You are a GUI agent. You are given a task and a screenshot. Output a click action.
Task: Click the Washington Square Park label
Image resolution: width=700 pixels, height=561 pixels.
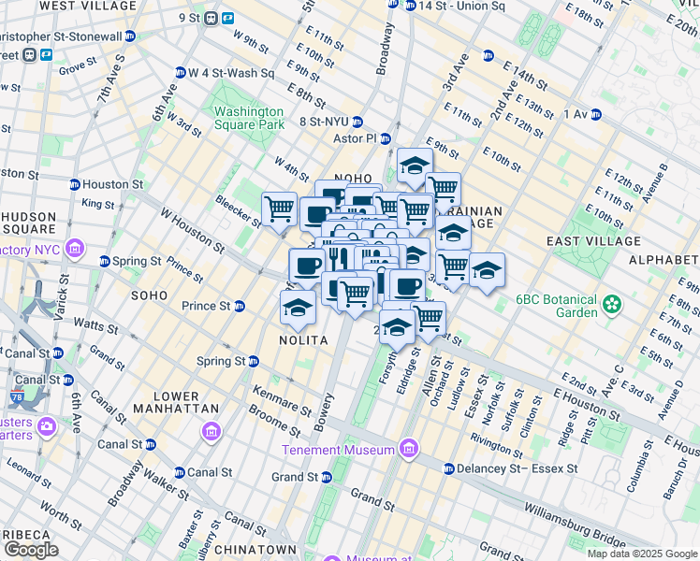[x=248, y=117]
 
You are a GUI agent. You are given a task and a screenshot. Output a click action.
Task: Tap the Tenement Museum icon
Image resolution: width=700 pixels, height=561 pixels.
[x=407, y=450]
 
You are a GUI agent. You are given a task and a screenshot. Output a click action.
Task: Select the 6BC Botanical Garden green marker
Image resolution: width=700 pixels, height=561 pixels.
[x=612, y=303]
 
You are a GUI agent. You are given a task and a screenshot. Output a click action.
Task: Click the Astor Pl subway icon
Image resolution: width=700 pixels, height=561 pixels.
[x=384, y=137]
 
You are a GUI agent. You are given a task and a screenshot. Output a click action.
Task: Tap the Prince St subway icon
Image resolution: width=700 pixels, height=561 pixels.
[x=240, y=306]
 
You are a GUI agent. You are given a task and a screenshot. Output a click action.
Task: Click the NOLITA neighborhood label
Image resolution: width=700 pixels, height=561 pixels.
[x=303, y=341]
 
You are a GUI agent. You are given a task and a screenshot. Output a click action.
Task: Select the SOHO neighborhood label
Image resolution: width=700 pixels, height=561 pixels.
[x=149, y=295]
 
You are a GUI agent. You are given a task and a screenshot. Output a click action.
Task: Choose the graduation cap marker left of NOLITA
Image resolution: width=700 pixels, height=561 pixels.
[x=298, y=308]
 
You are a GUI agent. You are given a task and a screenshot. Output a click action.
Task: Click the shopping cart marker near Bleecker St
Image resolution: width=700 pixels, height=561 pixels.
[x=279, y=209]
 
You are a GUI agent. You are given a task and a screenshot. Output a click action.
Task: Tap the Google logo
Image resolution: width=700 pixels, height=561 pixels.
[x=31, y=550]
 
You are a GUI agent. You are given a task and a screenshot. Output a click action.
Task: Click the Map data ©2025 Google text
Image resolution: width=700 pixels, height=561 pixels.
[x=641, y=554]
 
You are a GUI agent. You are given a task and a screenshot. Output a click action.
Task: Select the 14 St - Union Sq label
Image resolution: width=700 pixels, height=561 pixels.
[x=455, y=6]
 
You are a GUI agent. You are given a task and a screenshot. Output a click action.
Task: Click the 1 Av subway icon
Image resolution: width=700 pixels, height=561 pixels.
[x=595, y=114]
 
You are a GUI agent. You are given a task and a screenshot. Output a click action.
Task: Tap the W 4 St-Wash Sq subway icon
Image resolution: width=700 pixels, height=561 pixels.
[x=180, y=72]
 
